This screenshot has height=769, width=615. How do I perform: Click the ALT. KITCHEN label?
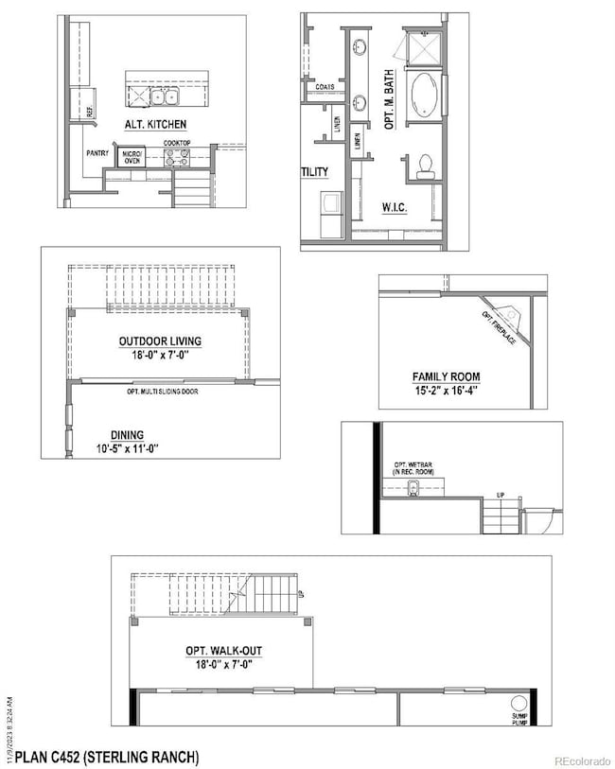pyautogui.click(x=154, y=124)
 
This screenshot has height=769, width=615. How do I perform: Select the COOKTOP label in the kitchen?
pyautogui.click(x=177, y=144)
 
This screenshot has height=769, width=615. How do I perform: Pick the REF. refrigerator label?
pyautogui.click(x=91, y=111)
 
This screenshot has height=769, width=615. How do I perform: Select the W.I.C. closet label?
pyautogui.click(x=395, y=206)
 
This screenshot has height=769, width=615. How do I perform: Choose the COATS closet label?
pyautogui.click(x=324, y=86)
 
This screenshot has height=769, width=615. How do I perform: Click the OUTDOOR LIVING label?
pyautogui.click(x=160, y=341)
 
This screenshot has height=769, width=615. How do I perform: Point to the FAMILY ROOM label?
pyautogui.click(x=443, y=376)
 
